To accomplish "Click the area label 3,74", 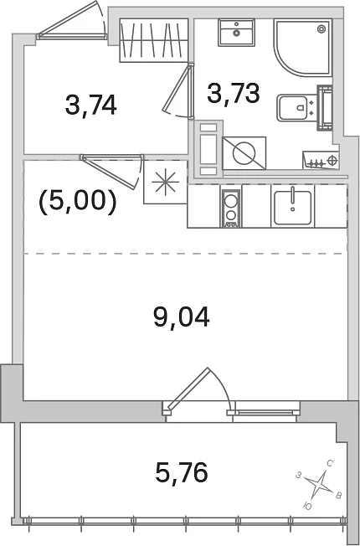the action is pos(90,106).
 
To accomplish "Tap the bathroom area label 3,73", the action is pos(234,93).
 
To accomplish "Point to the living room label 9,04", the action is pos(182,317).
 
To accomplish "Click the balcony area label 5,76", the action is pos(182,472).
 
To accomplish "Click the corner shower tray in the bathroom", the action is pos(302,47).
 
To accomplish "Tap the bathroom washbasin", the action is pos(236,33).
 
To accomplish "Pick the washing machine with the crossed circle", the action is pos(244,153).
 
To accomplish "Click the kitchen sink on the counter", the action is pos(292,208).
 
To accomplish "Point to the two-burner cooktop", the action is pos(230,209).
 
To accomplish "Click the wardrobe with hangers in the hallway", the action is pos(154,40).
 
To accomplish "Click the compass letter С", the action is pos(331,463).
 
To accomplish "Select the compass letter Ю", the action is pos(307,506).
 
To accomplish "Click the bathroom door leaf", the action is pos(178,90).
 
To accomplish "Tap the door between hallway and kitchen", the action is pos(112,171).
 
